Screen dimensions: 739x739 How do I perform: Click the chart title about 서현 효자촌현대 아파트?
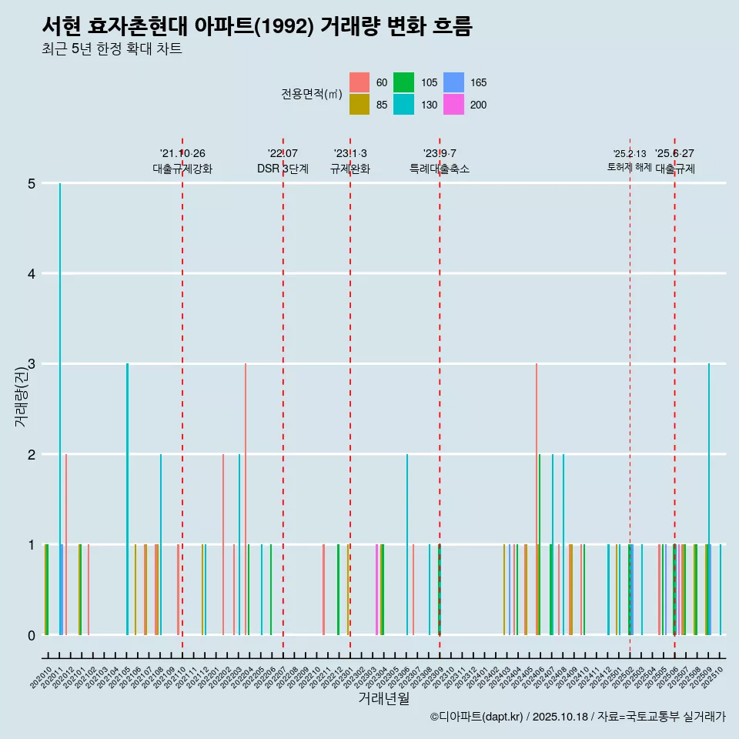pyautogui.click(x=256, y=26)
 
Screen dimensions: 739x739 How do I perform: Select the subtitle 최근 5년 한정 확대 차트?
pyautogui.click(x=112, y=49)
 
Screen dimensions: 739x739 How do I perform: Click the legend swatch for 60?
pyautogui.click(x=359, y=82)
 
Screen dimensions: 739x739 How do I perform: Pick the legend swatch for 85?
pyautogui.click(x=359, y=105)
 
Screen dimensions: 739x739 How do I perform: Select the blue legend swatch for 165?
pyautogui.click(x=454, y=82)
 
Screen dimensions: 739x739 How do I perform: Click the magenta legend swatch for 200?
pyautogui.click(x=454, y=105)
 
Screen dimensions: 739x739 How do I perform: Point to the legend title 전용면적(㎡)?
pyautogui.click(x=311, y=94)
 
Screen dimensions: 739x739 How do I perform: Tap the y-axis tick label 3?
pyautogui.click(x=32, y=364)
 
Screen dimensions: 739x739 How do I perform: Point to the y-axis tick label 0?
pyautogui.click(x=32, y=635)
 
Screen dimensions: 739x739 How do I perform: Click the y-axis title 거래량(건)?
pyautogui.click(x=21, y=397)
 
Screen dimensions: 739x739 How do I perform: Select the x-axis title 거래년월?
pyautogui.click(x=383, y=698)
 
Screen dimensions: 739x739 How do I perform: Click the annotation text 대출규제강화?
pyautogui.click(x=182, y=169)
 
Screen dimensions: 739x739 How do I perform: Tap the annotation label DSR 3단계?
pyautogui.click(x=283, y=169)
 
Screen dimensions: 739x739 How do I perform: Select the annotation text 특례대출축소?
pyautogui.click(x=440, y=169)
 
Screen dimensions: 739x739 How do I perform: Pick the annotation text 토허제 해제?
pyautogui.click(x=629, y=167)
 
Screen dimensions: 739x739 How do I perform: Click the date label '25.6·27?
pyautogui.click(x=674, y=153)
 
